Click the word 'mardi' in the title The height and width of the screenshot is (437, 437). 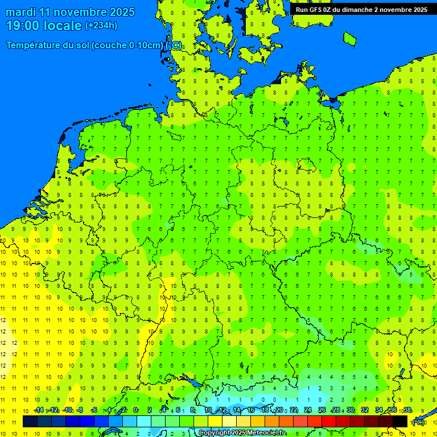tap(20, 12)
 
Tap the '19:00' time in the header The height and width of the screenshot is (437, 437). tap(22, 26)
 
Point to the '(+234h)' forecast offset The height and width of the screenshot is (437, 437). tap(101, 26)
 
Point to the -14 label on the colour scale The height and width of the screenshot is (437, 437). tap(38, 410)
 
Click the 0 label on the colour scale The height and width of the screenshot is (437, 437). tap(135, 410)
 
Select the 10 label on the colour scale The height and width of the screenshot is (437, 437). tap(208, 410)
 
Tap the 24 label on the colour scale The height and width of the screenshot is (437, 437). tap(308, 410)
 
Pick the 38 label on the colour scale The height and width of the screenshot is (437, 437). tap(407, 410)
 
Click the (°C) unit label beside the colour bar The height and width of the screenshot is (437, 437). tap(418, 422)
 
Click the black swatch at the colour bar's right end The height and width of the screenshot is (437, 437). tap(400, 421)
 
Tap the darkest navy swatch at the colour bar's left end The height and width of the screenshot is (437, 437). tap(30, 421)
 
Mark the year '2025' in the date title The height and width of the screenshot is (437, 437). tap(122, 12)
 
